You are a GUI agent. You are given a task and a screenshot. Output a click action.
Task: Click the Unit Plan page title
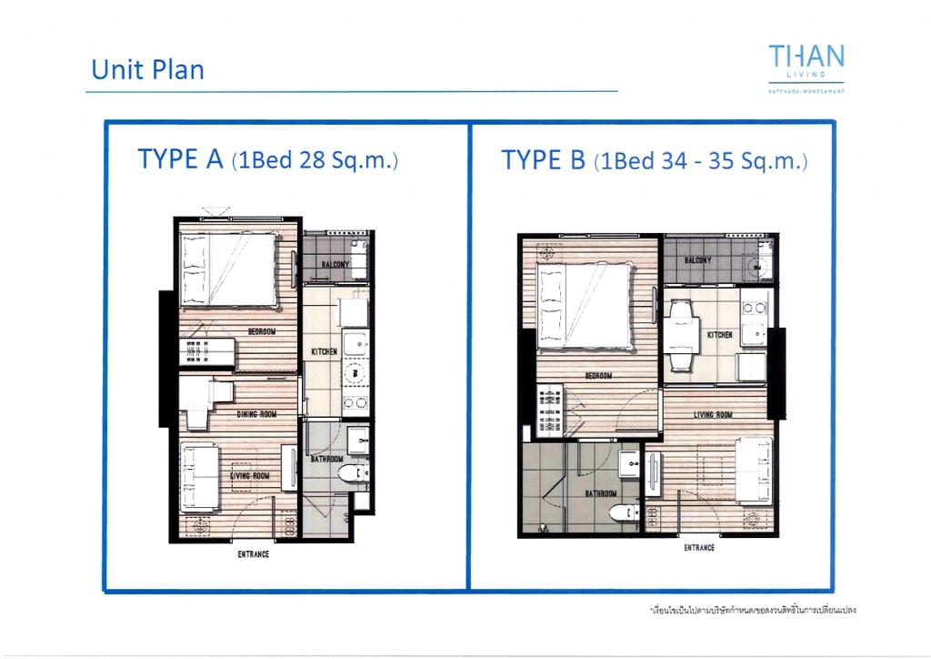(147, 70)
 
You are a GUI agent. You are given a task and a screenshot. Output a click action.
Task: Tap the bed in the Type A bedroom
(228, 269)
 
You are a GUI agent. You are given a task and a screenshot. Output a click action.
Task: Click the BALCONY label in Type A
(335, 265)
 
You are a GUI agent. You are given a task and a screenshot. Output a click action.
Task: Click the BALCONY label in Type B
(697, 260)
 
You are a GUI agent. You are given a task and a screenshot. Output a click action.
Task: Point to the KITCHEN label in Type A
(325, 351)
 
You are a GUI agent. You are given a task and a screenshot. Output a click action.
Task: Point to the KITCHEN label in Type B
(720, 335)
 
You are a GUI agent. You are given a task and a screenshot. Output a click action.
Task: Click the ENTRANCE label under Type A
(253, 554)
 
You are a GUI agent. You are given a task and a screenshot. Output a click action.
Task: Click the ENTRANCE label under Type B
(699, 548)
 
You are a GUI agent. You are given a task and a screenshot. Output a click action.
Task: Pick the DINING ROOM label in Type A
(255, 414)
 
